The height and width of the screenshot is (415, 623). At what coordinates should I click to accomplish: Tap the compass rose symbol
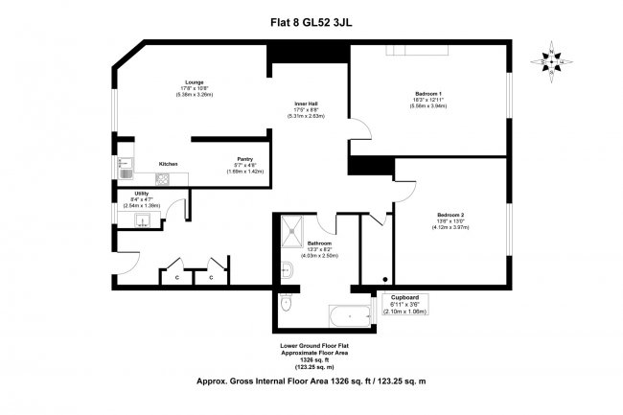coord(551,60)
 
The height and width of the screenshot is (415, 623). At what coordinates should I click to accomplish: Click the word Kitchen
coord(168,164)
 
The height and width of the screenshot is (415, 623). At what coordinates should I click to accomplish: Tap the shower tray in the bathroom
coord(290,228)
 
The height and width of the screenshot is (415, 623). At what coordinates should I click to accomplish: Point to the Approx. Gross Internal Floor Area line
coord(311,381)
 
